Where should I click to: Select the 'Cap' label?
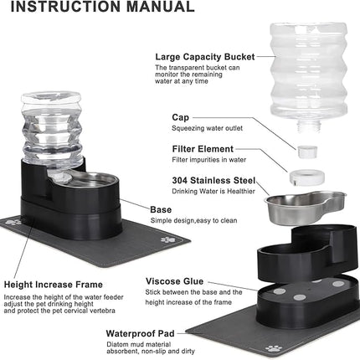180,118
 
